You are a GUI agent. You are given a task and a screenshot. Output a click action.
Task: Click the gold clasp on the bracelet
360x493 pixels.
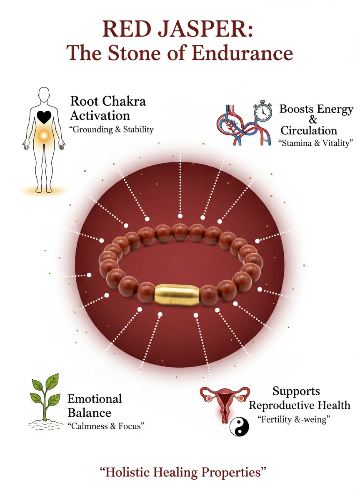point(177,295)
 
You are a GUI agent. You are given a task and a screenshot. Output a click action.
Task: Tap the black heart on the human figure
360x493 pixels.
point(44,117)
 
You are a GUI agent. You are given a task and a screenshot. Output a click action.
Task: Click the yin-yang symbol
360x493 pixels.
point(239,427)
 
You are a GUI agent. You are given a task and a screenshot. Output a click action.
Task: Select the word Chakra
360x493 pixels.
point(124,101)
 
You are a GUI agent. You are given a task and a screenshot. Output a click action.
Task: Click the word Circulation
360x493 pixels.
point(309,130)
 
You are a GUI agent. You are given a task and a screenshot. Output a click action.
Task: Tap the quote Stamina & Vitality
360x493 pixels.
point(316,143)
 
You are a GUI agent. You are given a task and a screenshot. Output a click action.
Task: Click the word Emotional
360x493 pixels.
point(95,398)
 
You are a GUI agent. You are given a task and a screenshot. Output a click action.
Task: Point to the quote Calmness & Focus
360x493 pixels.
point(106,426)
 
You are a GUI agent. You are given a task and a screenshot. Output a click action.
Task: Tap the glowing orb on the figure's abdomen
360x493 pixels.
point(44,135)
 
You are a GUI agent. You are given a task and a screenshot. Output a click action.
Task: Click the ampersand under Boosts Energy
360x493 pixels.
point(313,120)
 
